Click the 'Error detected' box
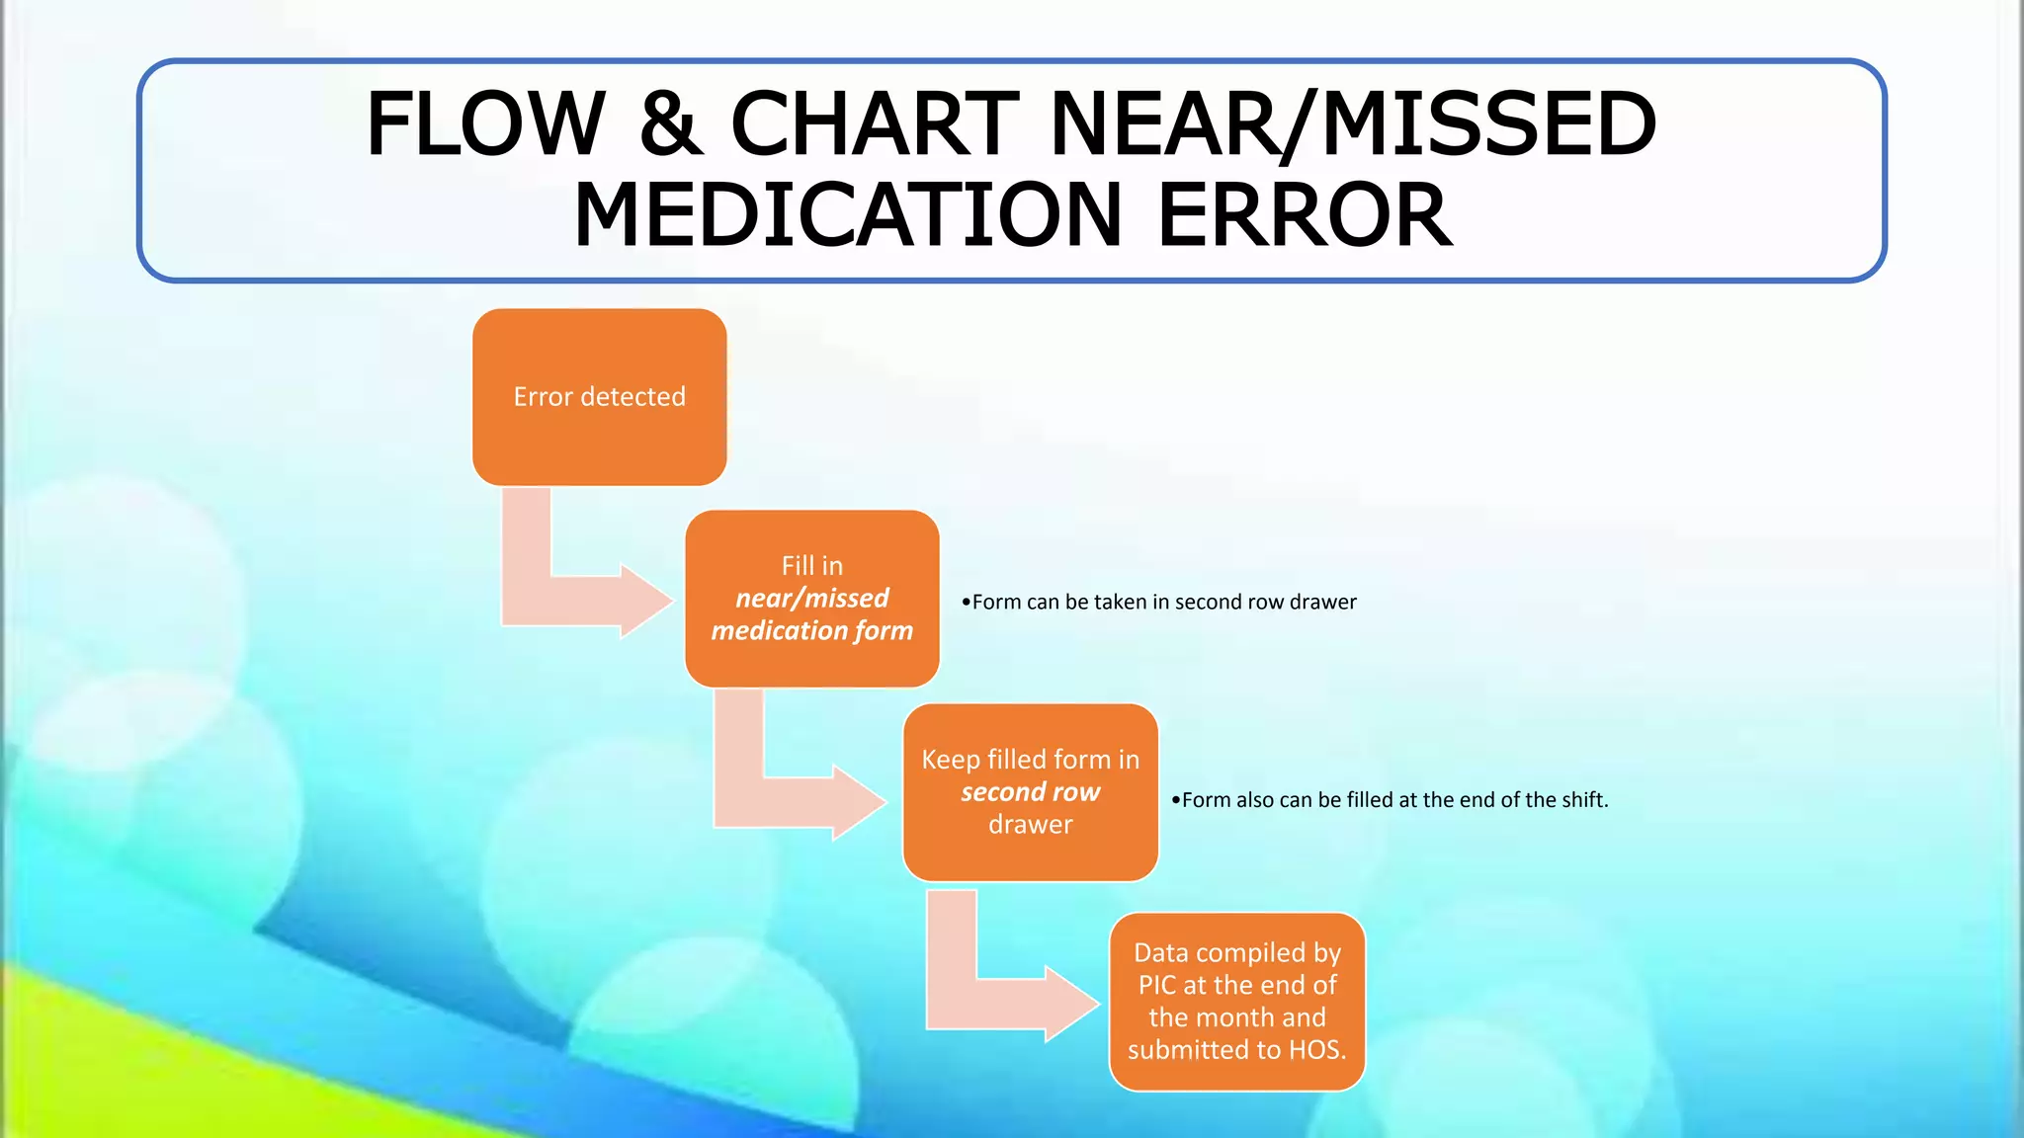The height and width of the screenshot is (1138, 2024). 599,397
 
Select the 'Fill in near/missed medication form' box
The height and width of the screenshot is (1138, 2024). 811,599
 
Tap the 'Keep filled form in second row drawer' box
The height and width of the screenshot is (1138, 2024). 1030,792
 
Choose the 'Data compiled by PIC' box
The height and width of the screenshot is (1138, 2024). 1236,1001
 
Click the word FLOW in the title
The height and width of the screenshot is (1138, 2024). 484,124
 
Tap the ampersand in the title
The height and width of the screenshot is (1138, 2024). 670,124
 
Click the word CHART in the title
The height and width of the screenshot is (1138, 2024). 874,124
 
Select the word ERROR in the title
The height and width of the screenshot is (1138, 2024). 1304,215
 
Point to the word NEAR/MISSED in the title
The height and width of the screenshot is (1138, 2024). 1352,124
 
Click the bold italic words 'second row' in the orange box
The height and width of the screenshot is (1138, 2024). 1030,792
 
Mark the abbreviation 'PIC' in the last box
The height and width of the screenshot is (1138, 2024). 1157,985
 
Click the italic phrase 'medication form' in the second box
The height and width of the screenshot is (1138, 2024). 811,630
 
